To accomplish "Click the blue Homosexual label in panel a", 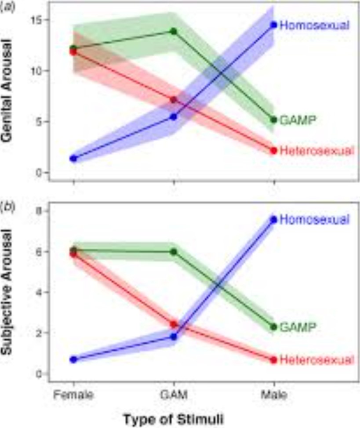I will [315, 25].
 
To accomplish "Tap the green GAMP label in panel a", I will [299, 120].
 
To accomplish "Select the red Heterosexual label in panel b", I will [316, 360].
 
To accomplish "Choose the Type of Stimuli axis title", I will [173, 419].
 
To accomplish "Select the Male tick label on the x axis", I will [274, 395].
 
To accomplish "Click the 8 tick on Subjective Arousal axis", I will [40, 211].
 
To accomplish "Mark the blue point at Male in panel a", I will [274, 25].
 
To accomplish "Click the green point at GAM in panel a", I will [174, 31].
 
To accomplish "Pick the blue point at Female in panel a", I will [73, 159].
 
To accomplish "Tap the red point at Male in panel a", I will [274, 150].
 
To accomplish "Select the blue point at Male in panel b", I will [274, 220].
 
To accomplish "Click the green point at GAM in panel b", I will [174, 252].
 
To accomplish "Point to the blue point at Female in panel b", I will [73, 359].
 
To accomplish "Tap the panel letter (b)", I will [7, 205].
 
